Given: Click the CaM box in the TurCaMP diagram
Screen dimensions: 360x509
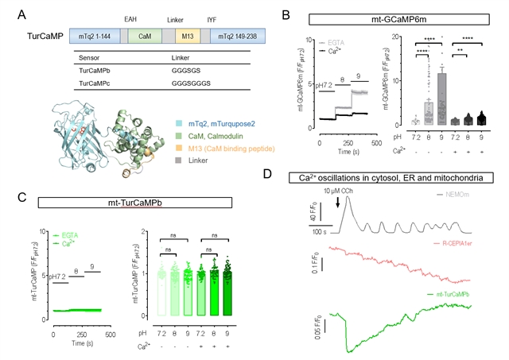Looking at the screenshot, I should [x=145, y=37].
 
